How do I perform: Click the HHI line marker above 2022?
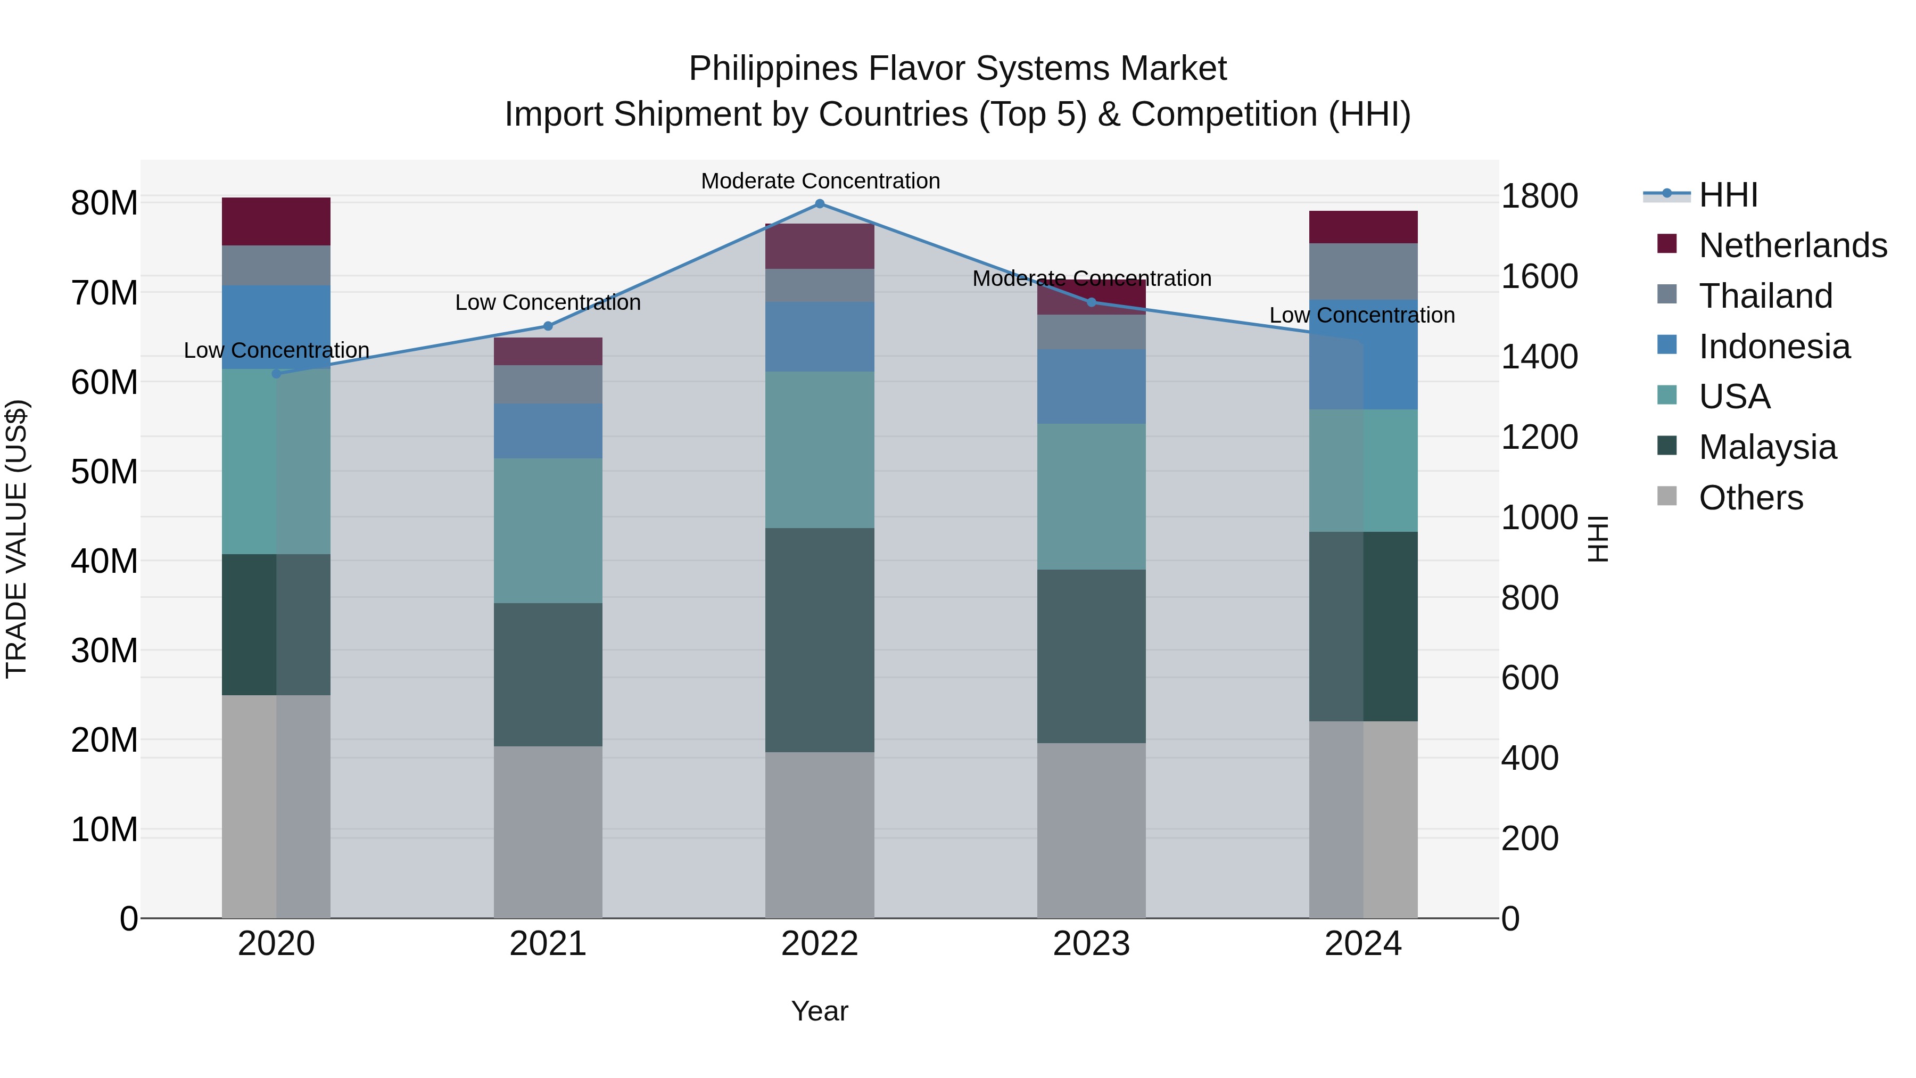pyautogui.click(x=820, y=204)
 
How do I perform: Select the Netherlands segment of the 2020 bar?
pyautogui.click(x=276, y=221)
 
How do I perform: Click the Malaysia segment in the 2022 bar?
pyautogui.click(x=820, y=640)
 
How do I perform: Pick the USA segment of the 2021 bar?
pyautogui.click(x=548, y=530)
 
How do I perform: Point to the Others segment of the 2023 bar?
pyautogui.click(x=1091, y=830)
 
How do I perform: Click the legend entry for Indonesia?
pyautogui.click(x=1774, y=347)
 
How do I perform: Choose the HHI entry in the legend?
pyautogui.click(x=1728, y=195)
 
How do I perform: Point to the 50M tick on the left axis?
pyautogui.click(x=104, y=472)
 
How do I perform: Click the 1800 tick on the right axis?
pyautogui.click(x=1539, y=196)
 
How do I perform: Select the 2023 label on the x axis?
pyautogui.click(x=1091, y=944)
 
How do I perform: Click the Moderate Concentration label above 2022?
pyautogui.click(x=820, y=181)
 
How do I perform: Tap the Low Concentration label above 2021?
pyautogui.click(x=548, y=303)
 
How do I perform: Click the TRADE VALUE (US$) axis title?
pyautogui.click(x=17, y=539)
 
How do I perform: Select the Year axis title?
pyautogui.click(x=820, y=1011)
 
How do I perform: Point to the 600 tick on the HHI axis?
pyautogui.click(x=1529, y=678)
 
